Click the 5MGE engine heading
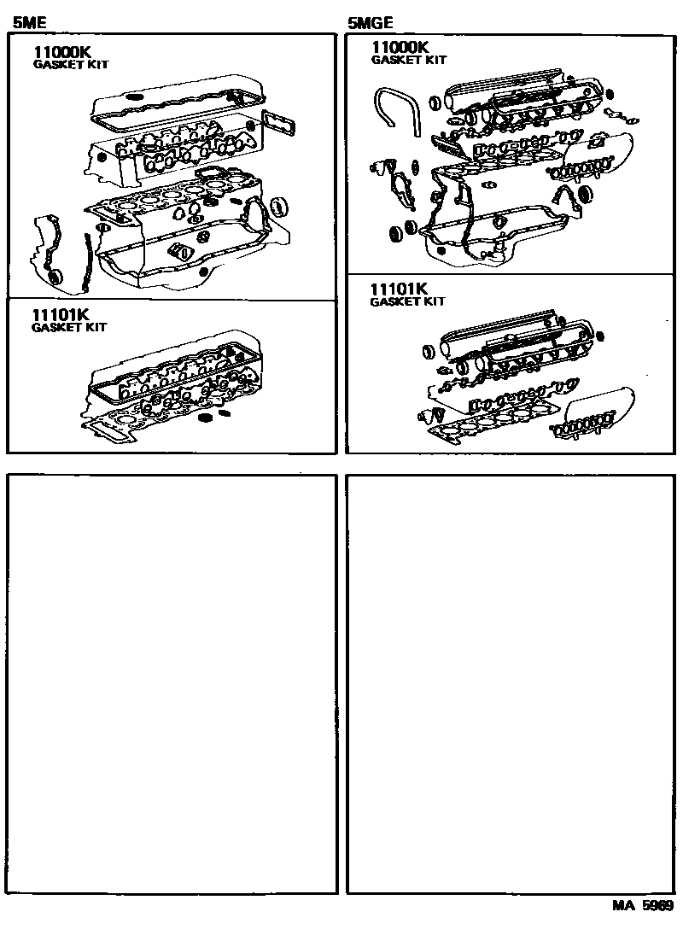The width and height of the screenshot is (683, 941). coord(370,24)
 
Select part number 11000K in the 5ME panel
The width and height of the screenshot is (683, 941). coord(61,52)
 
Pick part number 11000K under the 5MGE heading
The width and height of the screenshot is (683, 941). coord(400,48)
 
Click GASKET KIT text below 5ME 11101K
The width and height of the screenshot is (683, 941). coord(69,327)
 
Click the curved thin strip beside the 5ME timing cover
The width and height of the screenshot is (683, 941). coord(85,260)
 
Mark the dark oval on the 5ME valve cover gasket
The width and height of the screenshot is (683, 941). coord(134,97)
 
